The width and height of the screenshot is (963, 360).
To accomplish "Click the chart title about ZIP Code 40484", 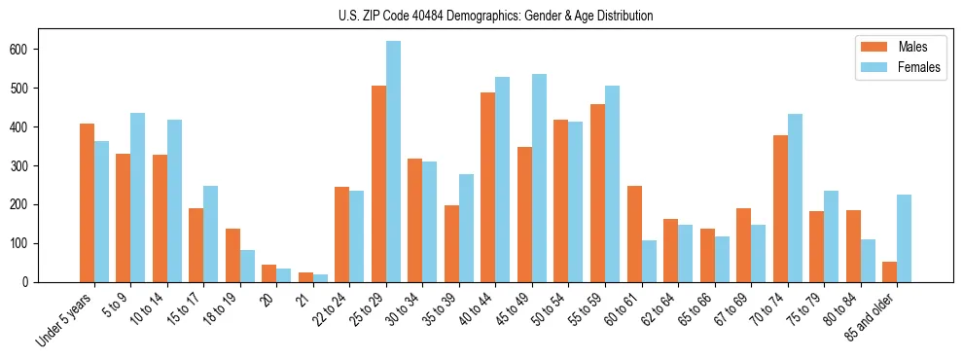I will coord(481,17).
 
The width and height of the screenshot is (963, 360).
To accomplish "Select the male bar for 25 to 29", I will coord(378,184).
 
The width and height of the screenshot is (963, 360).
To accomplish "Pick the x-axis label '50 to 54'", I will coord(553,312).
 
